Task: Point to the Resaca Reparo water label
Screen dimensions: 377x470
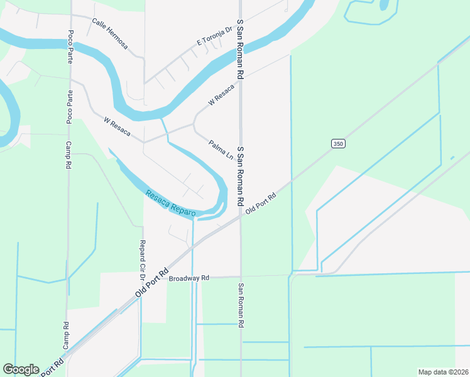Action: pyautogui.click(x=170, y=204)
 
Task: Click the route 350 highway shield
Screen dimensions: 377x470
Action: pyautogui.click(x=338, y=144)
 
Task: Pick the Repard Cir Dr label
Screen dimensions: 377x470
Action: pyautogui.click(x=143, y=260)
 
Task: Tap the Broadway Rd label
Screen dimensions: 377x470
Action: pyautogui.click(x=189, y=278)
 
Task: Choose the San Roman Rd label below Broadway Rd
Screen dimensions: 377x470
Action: pyautogui.click(x=240, y=306)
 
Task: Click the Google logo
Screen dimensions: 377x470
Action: pyautogui.click(x=21, y=369)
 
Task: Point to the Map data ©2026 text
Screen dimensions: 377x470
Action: pyautogui.click(x=444, y=371)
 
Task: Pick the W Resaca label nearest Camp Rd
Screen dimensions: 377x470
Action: pyautogui.click(x=117, y=126)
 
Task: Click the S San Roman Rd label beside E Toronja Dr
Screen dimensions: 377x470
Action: pyautogui.click(x=239, y=49)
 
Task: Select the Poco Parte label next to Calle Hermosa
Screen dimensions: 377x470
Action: pyautogui.click(x=70, y=46)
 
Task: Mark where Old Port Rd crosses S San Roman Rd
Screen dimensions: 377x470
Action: pyautogui.click(x=241, y=216)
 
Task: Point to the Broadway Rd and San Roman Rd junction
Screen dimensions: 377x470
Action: pyautogui.click(x=241, y=276)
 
